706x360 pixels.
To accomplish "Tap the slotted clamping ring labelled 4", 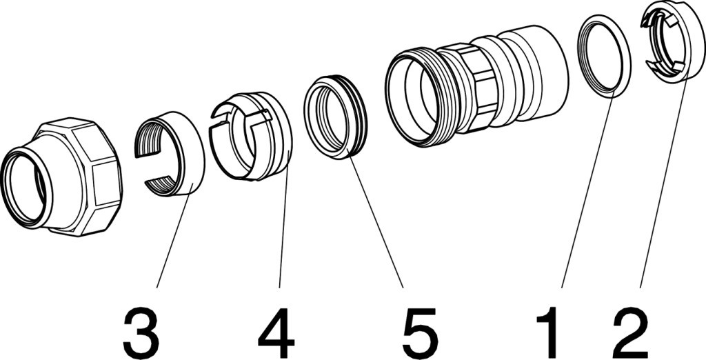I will (265, 138).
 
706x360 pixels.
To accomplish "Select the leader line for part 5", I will (378, 221).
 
